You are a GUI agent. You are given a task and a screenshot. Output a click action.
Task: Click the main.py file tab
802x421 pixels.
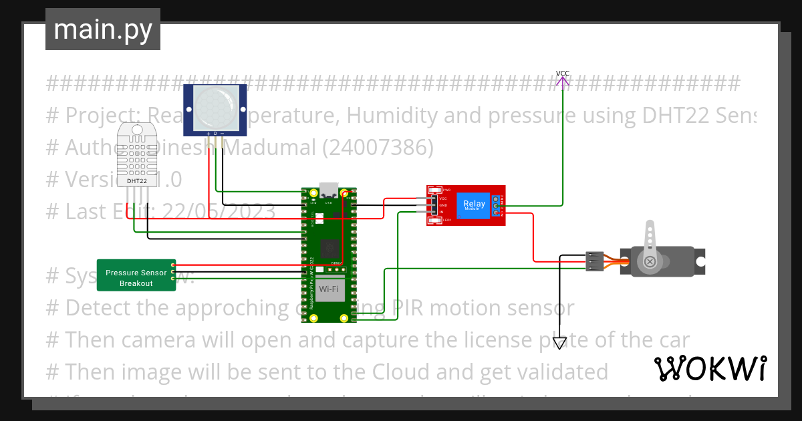102,30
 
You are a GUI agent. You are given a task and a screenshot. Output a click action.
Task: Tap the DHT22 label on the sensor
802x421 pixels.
137,181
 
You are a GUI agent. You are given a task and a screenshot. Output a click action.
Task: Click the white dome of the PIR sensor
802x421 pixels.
215,108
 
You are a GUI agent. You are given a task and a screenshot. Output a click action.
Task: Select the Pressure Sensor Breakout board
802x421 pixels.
136,275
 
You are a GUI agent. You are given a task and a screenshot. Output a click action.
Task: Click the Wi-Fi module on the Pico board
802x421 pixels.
329,289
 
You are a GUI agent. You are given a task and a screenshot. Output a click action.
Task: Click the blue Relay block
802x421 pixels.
475,204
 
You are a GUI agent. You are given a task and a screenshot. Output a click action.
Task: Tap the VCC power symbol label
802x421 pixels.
563,74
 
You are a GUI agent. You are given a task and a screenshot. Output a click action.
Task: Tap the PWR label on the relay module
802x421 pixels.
447,190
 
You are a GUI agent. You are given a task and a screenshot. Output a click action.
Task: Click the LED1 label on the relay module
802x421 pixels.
447,220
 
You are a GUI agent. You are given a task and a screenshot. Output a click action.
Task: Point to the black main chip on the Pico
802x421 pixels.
329,248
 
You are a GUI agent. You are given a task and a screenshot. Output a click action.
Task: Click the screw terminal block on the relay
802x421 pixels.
497,205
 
